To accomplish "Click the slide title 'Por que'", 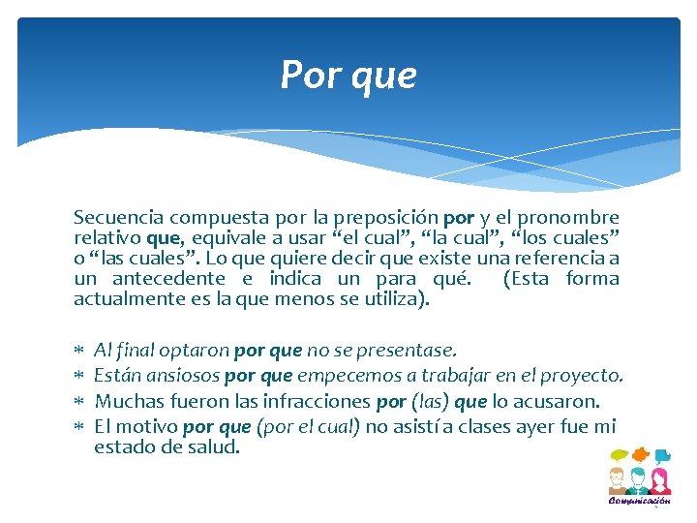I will [348, 75].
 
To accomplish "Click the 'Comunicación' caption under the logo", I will [639, 501].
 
